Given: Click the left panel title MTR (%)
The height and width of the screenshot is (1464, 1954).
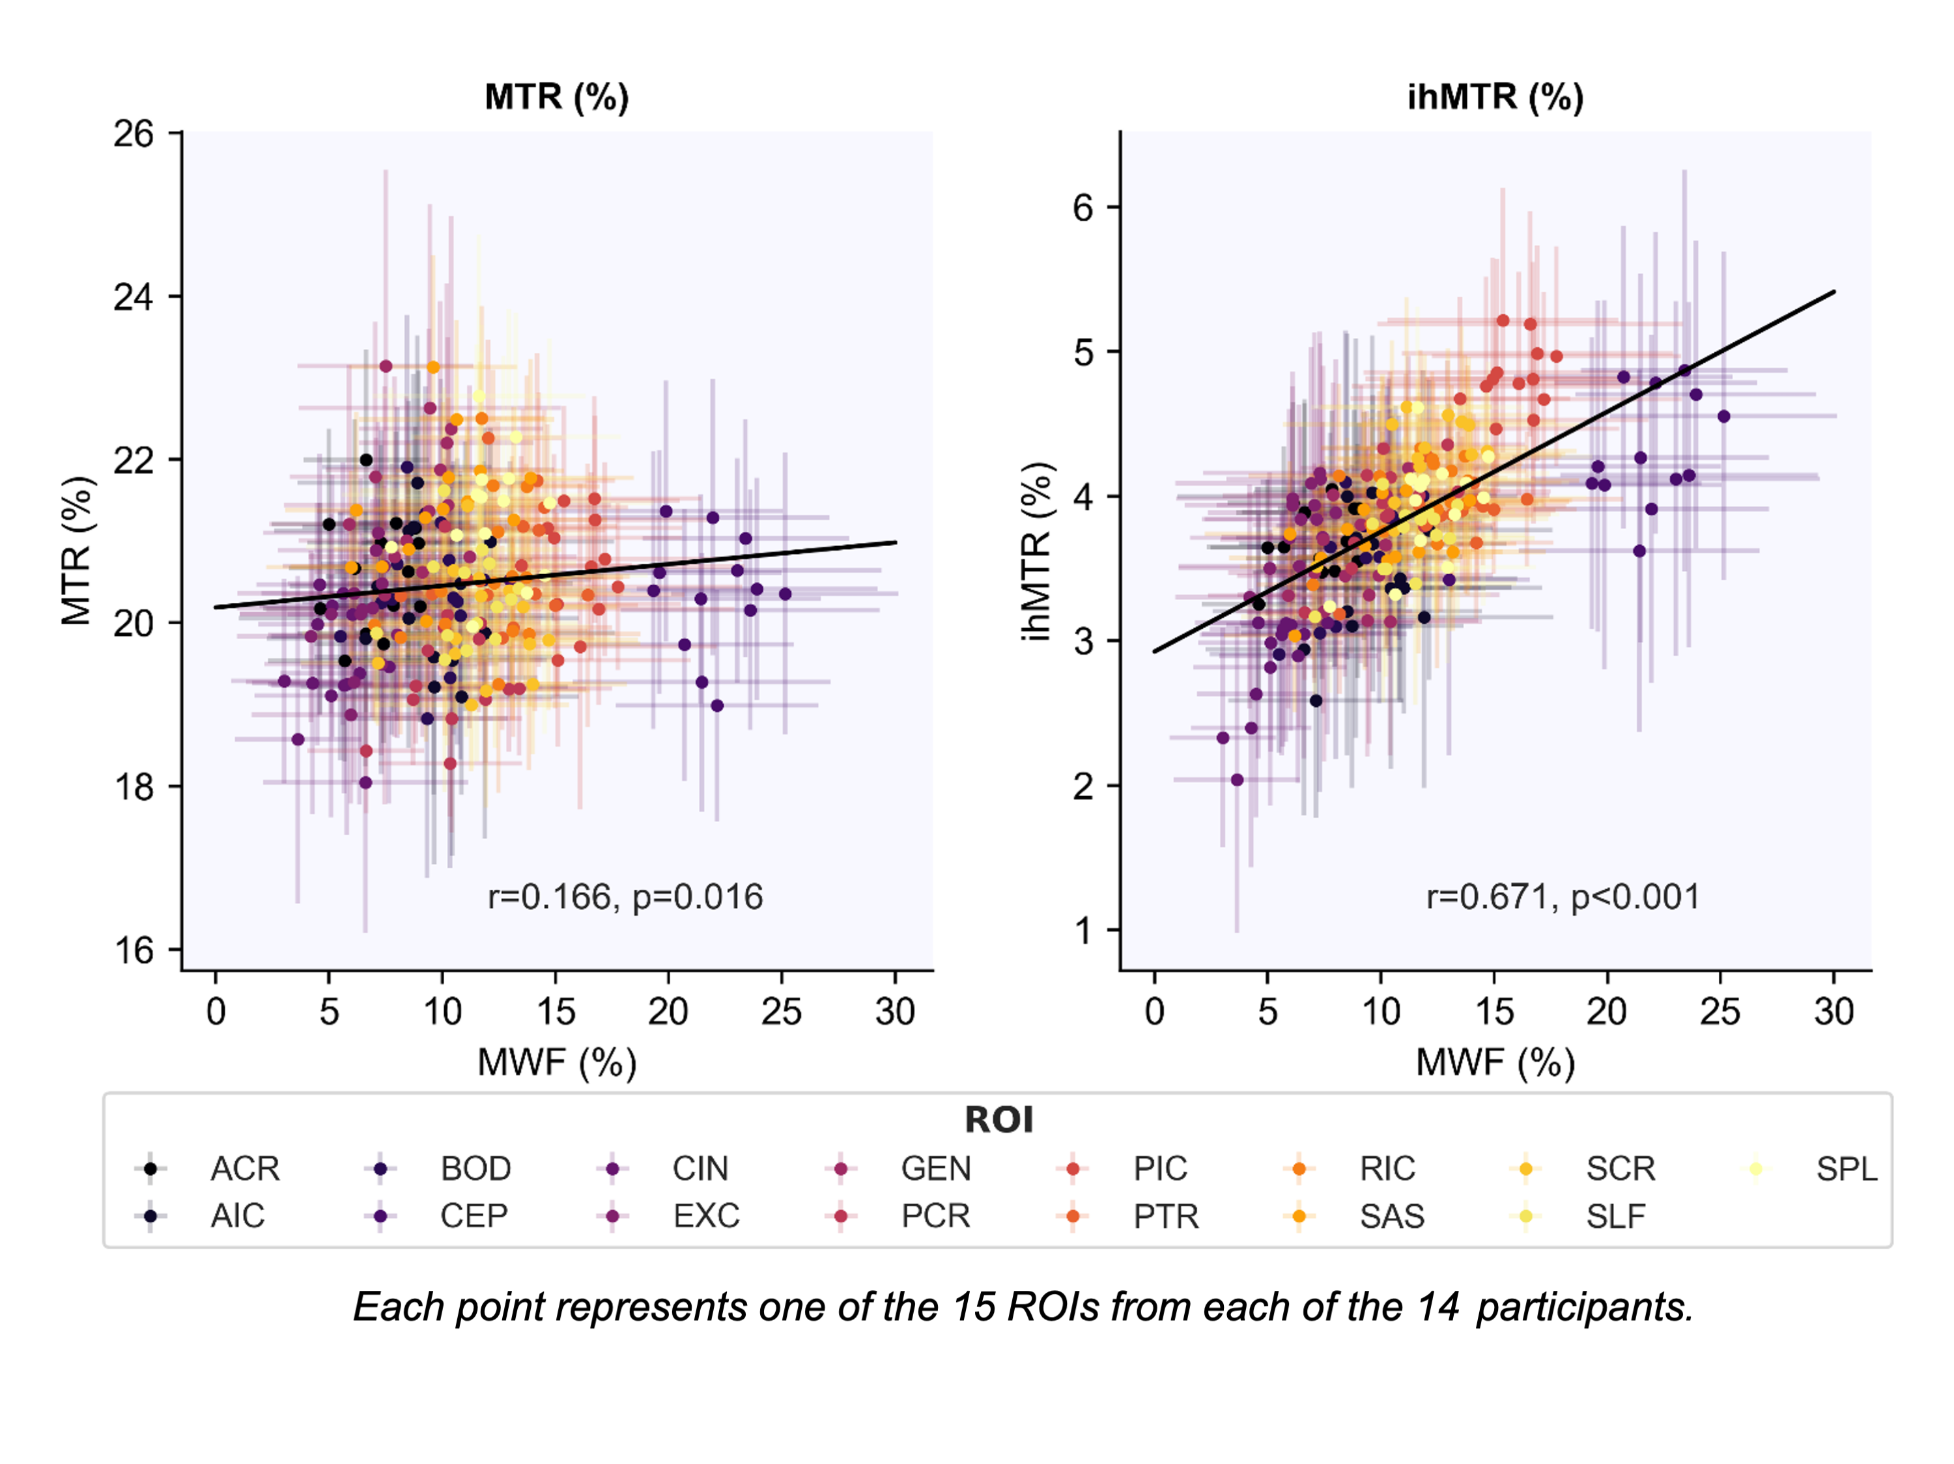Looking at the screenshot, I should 556,97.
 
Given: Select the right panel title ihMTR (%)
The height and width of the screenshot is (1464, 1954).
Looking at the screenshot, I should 1495,97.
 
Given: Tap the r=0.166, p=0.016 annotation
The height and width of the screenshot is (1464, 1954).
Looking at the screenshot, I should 625,897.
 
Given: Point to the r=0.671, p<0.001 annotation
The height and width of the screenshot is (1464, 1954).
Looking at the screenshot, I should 1563,897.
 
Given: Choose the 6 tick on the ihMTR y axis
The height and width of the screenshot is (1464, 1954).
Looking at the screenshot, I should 1083,208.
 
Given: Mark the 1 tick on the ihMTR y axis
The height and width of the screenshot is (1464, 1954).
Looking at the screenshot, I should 1083,931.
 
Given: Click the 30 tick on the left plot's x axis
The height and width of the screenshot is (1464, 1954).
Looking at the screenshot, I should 895,1012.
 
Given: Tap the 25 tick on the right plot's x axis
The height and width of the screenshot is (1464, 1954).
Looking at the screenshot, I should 1720,1012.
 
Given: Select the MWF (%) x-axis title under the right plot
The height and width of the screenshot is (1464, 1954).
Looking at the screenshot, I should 1495,1062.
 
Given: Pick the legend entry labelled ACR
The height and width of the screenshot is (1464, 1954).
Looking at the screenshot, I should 244,1169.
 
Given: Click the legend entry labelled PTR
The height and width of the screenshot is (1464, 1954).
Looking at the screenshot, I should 1165,1217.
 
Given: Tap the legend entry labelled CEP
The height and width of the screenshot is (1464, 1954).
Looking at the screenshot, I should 474,1217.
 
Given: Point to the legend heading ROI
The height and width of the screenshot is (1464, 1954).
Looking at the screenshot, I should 998,1120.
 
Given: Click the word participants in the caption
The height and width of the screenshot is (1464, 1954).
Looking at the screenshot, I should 1585,1308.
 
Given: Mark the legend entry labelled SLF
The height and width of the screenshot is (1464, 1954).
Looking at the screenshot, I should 1615,1217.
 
